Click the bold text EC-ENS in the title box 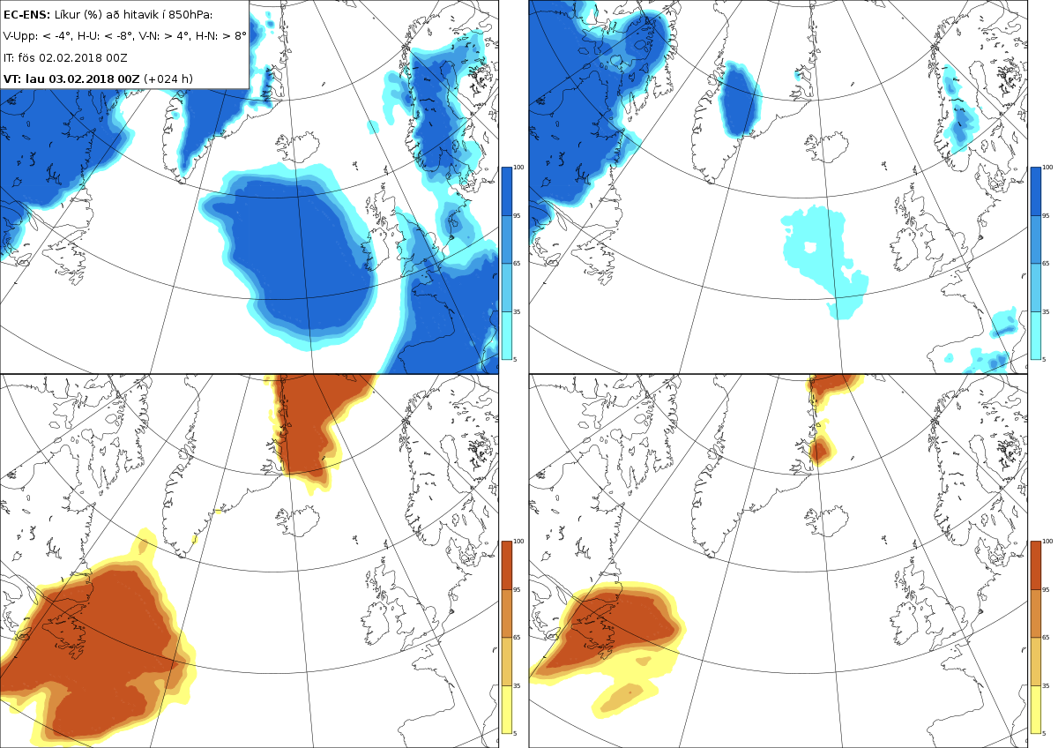(26, 15)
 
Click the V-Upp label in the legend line (19, 36)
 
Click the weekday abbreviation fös (27, 57)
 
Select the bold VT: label (12, 79)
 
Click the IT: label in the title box (9, 57)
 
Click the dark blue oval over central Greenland (739, 98)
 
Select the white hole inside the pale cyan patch (810, 247)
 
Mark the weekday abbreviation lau (35, 79)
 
